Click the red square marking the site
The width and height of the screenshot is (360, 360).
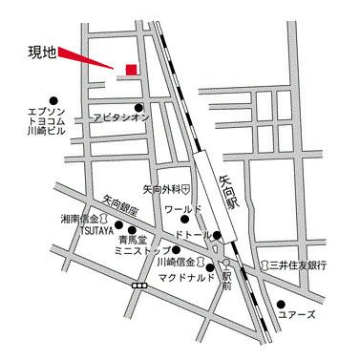pyautogui.click(x=131, y=69)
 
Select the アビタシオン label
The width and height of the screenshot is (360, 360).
pyautogui.click(x=119, y=117)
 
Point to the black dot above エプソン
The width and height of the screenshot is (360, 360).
pyautogui.click(x=53, y=98)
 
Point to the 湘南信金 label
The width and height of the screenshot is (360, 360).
pyautogui.click(x=78, y=218)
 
